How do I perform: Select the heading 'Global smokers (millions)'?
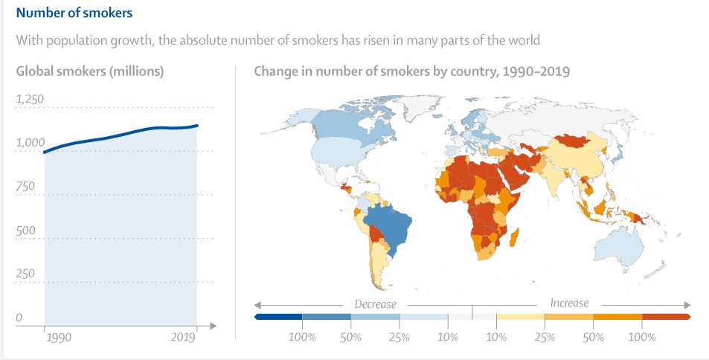tap(90, 71)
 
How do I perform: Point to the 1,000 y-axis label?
tap(31, 143)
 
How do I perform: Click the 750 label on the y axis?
tap(25, 186)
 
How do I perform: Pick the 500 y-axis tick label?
tap(25, 230)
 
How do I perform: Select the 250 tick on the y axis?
tap(25, 274)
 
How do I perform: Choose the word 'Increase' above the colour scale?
tap(569, 303)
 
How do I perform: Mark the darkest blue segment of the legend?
tap(278, 317)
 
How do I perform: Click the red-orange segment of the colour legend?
tap(667, 317)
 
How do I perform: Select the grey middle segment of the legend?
tap(472, 317)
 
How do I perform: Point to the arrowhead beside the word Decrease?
tap(257, 305)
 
